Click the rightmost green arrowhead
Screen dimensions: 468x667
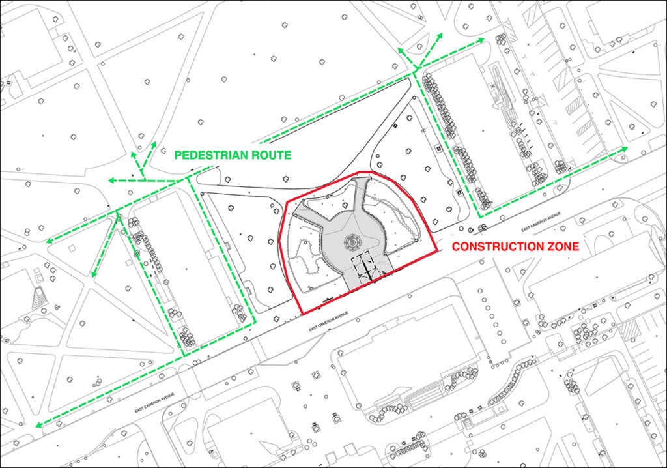(625, 149)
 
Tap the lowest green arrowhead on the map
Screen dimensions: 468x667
(39, 426)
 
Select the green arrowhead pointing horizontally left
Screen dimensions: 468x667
(111, 180)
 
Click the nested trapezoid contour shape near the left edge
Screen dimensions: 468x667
(36, 297)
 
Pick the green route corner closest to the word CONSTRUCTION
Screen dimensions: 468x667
(480, 216)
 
